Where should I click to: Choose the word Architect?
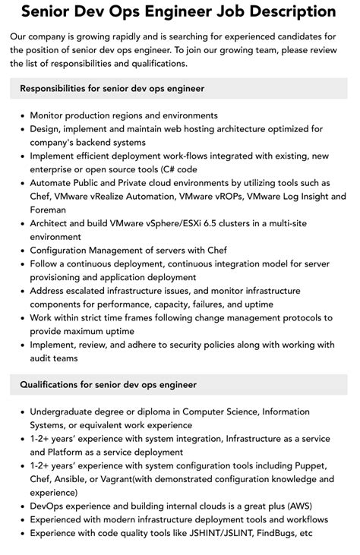click(53, 223)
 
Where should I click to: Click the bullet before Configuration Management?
click(21, 251)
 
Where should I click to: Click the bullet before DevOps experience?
click(21, 506)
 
